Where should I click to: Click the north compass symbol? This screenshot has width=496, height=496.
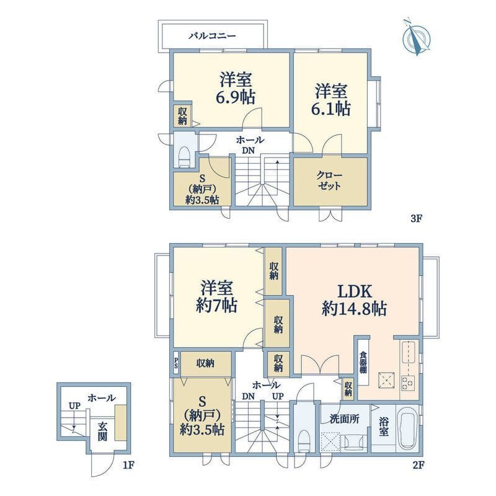point(417,38)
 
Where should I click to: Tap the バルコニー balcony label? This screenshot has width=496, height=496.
point(212,35)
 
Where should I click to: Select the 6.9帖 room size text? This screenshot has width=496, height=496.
point(236,97)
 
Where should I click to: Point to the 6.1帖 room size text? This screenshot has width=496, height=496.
point(331,109)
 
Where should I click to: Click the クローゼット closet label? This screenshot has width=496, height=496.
point(329,181)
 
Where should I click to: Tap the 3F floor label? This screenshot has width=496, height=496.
point(417,219)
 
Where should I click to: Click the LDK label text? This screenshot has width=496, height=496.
point(355,291)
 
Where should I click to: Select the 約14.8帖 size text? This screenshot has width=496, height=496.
point(354,308)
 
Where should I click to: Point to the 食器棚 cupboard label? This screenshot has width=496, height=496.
point(363,363)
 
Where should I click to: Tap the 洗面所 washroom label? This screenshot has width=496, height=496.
point(344,420)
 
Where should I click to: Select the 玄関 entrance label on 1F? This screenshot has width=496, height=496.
point(102,432)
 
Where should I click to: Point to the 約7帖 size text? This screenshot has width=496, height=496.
point(216,305)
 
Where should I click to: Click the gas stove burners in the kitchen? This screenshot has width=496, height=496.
point(407,382)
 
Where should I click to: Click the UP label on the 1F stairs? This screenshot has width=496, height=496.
point(74,406)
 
